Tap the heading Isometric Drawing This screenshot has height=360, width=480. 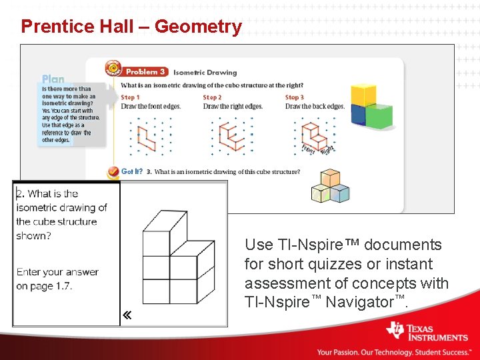pos(205,73)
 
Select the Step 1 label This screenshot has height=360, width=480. pos(130,97)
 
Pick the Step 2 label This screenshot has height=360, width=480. pos(212,97)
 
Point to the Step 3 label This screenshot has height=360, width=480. pos(294,97)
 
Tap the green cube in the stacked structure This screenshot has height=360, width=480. pos(379,116)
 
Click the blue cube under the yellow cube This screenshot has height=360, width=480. pos(359,115)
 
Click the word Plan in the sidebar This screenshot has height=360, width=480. pos(53,79)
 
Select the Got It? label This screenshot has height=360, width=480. pos(131,171)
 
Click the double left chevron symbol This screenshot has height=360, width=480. pos(126,315)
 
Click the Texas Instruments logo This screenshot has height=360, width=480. pos(427,332)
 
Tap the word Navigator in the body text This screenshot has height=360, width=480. pos(360,302)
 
